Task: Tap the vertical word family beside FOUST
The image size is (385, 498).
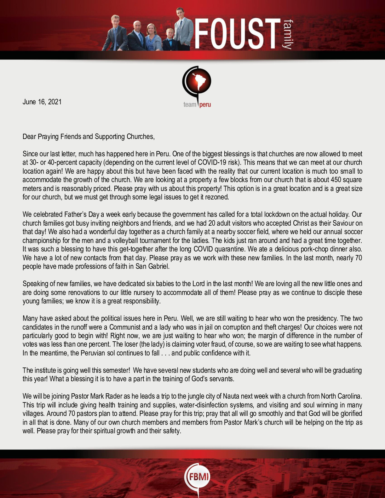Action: [288, 34]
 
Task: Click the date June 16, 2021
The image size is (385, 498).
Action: [42, 102]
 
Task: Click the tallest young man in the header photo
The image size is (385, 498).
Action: [183, 30]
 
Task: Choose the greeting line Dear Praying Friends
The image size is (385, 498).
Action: [88, 137]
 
